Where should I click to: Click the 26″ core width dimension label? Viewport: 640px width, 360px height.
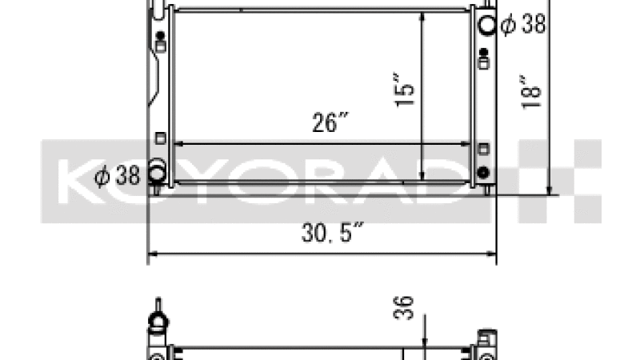pos(330,122)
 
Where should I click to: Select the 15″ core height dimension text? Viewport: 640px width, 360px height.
pos(404,90)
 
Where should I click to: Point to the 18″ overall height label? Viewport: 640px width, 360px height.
pos(530,92)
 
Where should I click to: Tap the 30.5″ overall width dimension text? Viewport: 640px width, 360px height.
pos(332,232)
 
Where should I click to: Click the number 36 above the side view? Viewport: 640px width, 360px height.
pos(403,308)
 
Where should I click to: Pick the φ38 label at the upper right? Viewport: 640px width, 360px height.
pos(523,24)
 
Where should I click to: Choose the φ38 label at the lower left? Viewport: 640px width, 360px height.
pos(117,175)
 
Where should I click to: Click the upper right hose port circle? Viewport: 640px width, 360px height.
pos(487,26)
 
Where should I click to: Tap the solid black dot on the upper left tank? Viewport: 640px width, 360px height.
pos(161,35)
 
